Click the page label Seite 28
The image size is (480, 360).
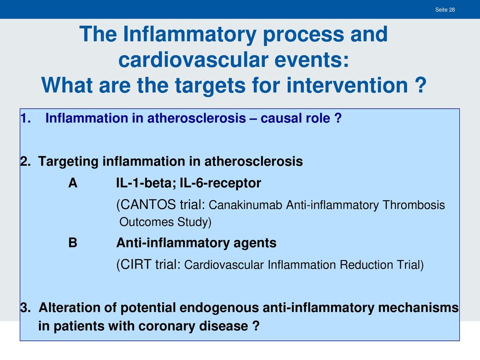pos(445,10)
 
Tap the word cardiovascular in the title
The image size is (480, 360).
pos(193,60)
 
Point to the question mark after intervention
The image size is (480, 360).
pos(421,85)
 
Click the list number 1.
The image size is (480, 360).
pos(26,118)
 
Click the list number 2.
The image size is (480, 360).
pos(26,161)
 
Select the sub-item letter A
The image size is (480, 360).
pos(73,183)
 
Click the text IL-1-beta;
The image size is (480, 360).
pos(146,183)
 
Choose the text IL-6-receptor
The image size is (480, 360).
pos(220,183)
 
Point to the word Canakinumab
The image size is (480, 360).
pos(245,205)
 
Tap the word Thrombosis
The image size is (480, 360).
pos(413,205)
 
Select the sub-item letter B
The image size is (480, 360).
pos(73,243)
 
